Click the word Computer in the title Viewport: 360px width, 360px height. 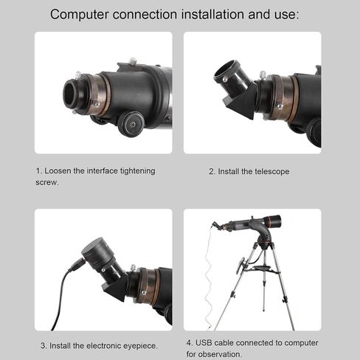click(79, 15)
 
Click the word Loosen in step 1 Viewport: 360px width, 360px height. click(58, 171)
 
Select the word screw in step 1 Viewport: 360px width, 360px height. click(46, 182)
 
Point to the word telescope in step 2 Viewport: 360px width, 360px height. click(272, 172)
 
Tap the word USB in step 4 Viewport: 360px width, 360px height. click(204, 343)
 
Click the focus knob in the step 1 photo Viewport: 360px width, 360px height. click(131, 124)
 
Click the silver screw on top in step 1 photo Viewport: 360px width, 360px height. click(133, 60)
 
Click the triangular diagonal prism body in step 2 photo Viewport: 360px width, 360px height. click(240, 103)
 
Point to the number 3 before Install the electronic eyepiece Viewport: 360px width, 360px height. click(43, 346)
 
